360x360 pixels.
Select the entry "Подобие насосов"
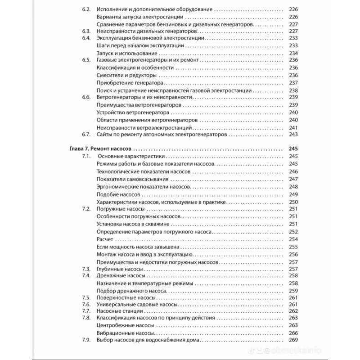[118, 194]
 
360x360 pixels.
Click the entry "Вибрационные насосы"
[126, 333]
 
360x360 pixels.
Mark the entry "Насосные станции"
[118, 311]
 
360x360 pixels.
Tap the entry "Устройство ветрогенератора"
[133, 112]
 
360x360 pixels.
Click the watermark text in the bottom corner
[324, 350]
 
